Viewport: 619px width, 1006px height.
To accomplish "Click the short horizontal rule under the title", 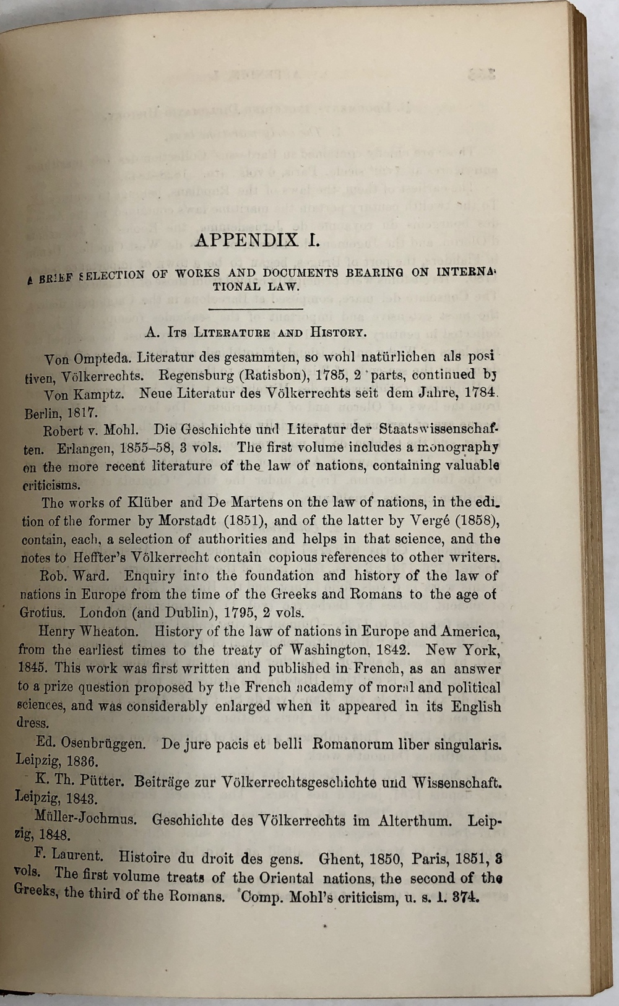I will pos(256,308).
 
